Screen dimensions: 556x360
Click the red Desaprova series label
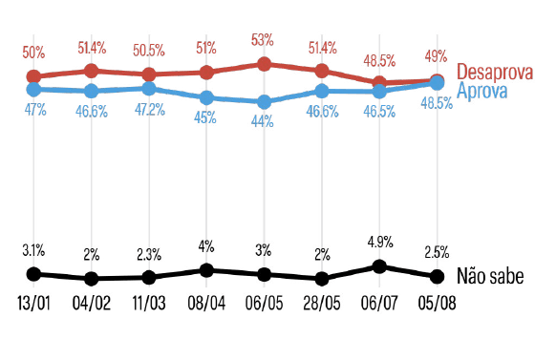[x=495, y=72]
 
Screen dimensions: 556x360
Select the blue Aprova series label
[x=481, y=91]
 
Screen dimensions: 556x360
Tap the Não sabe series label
[x=490, y=276]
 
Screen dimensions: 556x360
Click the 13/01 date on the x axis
[x=34, y=304]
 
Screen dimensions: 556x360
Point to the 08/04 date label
[x=206, y=304]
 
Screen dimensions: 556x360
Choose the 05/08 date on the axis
[x=437, y=304]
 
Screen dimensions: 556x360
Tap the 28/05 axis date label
[x=322, y=304]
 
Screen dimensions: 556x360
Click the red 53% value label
[x=263, y=40]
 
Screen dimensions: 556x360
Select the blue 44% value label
[x=263, y=121]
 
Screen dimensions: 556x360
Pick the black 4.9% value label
[x=380, y=243]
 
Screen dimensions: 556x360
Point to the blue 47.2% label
[x=150, y=110]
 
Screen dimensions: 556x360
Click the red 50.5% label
[x=149, y=51]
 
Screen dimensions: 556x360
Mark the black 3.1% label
[x=33, y=250]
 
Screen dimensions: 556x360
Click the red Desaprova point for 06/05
[x=264, y=64]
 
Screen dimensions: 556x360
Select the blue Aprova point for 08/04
[x=206, y=97]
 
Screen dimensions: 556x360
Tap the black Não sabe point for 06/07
[x=379, y=266]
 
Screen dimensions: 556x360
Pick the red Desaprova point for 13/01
[x=33, y=76]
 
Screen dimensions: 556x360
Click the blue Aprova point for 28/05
[x=322, y=91]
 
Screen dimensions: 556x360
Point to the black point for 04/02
[x=91, y=279]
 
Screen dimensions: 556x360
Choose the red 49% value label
[x=437, y=56]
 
